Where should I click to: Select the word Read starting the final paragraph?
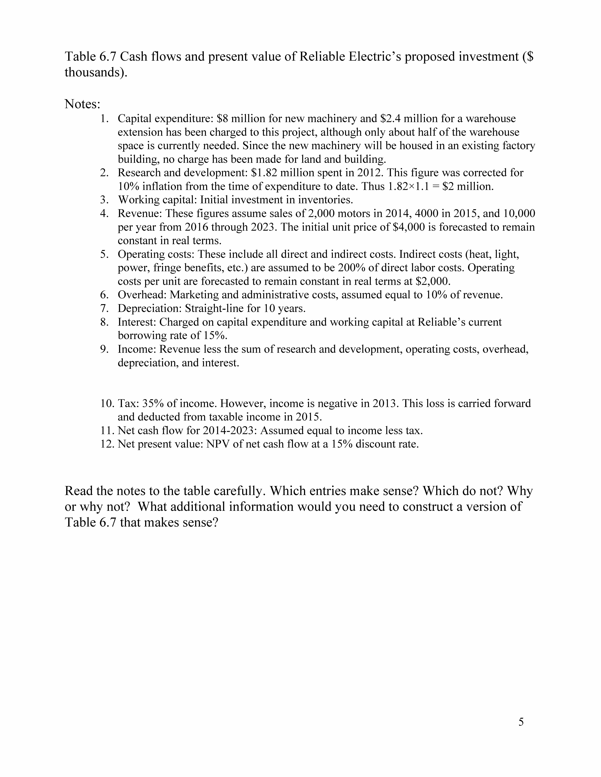[80, 491]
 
